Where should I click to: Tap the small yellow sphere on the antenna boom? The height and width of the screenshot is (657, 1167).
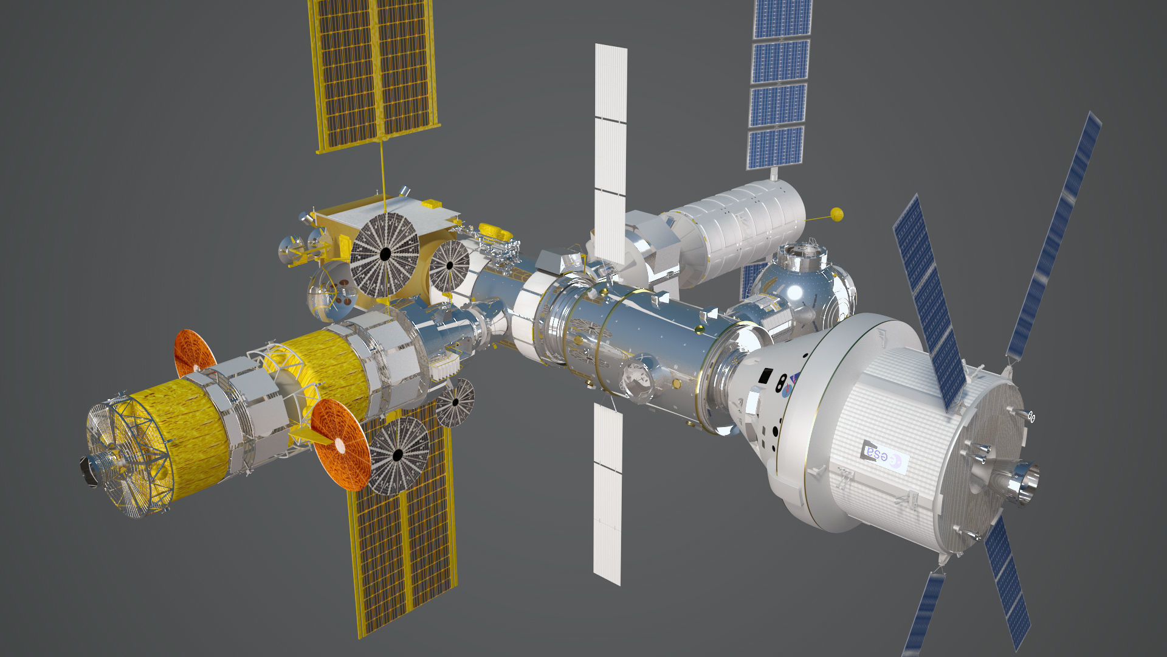click(x=836, y=214)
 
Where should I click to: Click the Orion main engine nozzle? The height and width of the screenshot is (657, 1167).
click(x=1022, y=481)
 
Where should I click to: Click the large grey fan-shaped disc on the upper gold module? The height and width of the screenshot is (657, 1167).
click(x=385, y=255)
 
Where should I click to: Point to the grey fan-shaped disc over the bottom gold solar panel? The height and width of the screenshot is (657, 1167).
click(x=398, y=455)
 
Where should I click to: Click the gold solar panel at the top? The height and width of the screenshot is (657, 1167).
click(x=374, y=73)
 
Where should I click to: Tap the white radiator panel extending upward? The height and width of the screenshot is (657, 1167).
click(x=610, y=152)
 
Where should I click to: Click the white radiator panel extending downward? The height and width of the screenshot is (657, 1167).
click(x=608, y=493)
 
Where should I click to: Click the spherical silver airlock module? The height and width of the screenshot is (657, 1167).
click(x=802, y=283)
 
